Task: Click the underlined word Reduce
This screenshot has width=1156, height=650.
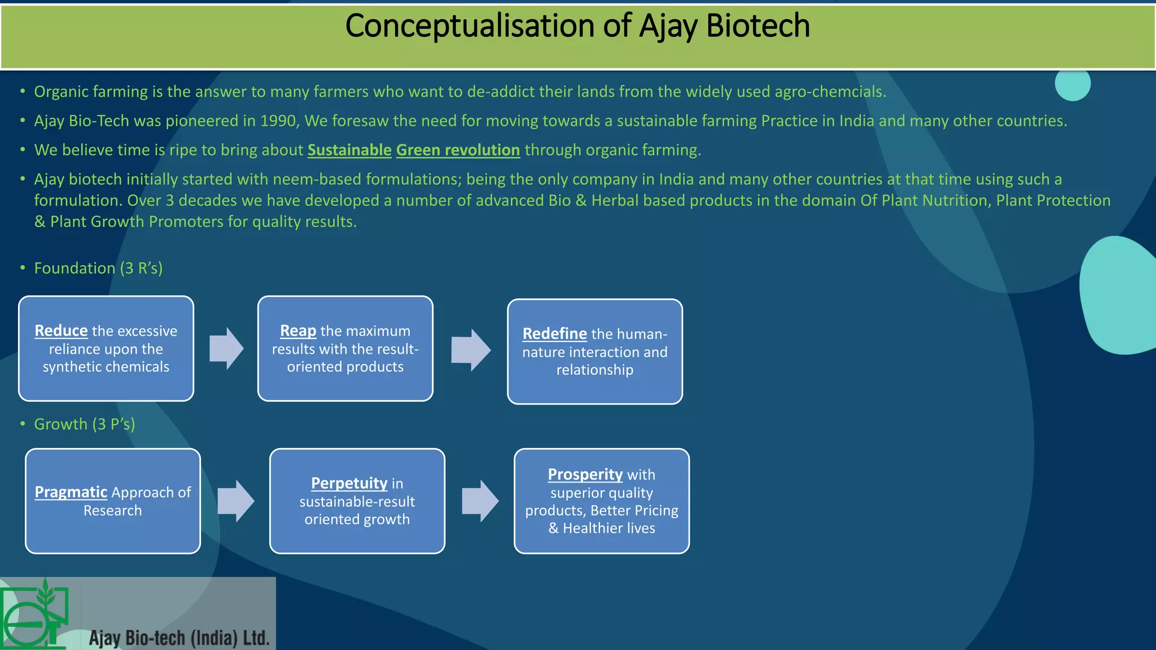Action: (x=61, y=331)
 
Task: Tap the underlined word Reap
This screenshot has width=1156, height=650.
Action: (x=298, y=331)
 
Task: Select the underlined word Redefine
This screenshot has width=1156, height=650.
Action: (x=554, y=334)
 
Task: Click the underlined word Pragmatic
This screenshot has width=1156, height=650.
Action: (x=71, y=493)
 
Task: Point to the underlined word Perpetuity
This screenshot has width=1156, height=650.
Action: (x=349, y=484)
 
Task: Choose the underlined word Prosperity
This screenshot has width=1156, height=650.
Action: (x=585, y=475)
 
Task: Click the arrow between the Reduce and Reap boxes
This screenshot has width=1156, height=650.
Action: (x=226, y=349)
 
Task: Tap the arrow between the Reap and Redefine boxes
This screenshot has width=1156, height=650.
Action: (x=471, y=350)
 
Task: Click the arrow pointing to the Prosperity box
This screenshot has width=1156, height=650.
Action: (x=480, y=501)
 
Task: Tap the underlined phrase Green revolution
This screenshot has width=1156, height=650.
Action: (x=458, y=150)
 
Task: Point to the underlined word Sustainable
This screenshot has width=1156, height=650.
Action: (x=349, y=150)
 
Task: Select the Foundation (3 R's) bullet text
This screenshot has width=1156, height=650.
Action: (x=98, y=268)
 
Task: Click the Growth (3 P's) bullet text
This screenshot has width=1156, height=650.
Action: (x=85, y=424)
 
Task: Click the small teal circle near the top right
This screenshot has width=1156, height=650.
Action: (x=1072, y=84)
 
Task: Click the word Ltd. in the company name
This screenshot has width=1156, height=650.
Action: (x=256, y=638)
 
